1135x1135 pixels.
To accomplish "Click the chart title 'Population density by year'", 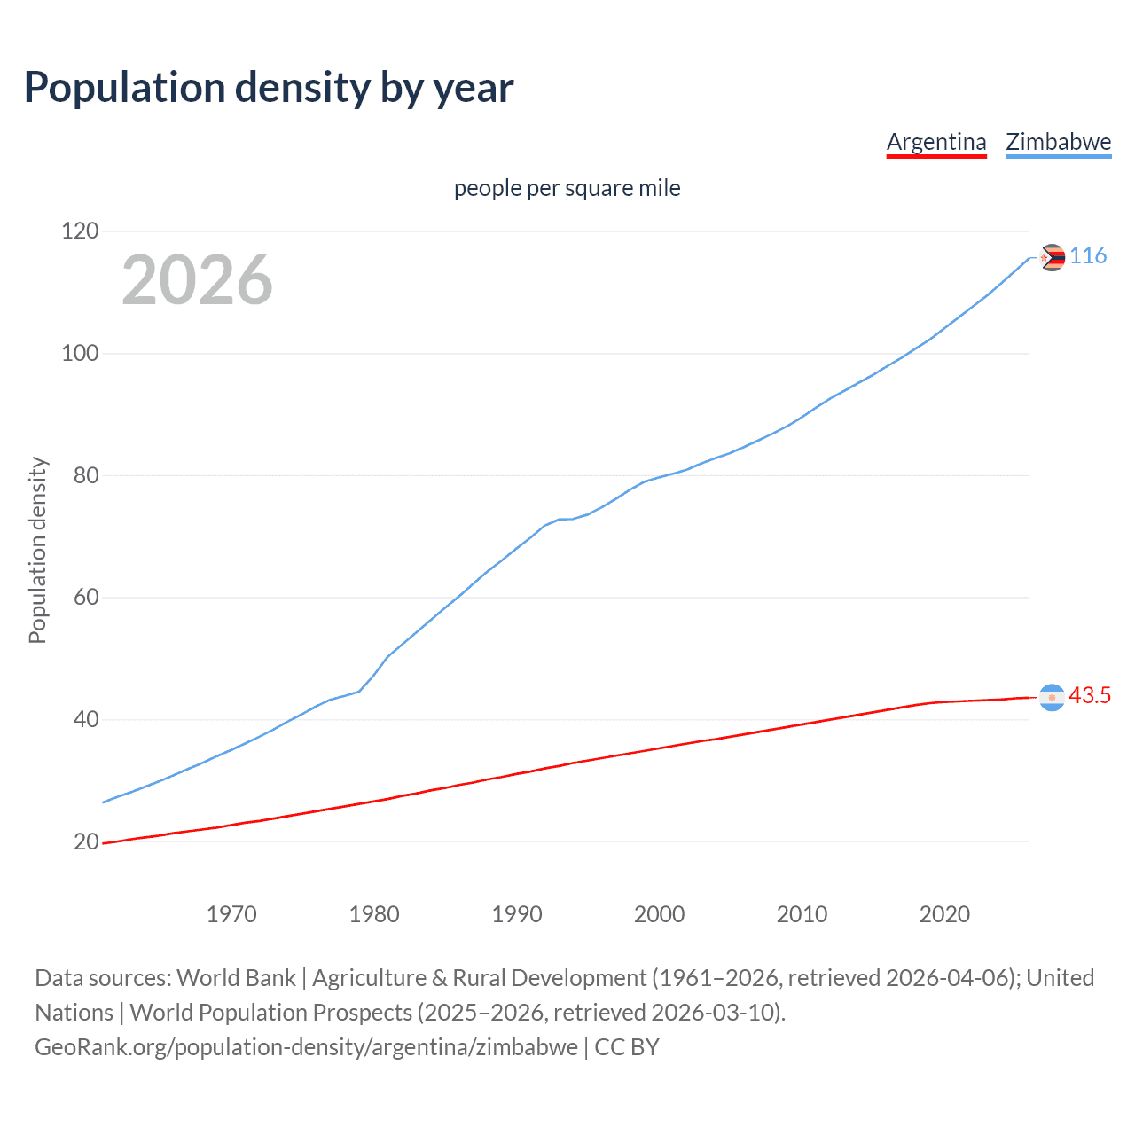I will pos(269,88).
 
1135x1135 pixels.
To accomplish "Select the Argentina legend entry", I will pos(936,142).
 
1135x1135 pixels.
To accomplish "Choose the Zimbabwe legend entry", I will pos(1058,142).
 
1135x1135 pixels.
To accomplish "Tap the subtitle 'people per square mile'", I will pos(567,188).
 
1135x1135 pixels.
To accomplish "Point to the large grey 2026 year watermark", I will pos(197,280).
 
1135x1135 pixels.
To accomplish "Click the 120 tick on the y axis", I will pos(80,231).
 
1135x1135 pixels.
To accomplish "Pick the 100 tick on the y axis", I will pos(80,354).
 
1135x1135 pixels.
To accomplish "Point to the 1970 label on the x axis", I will pos(231,914).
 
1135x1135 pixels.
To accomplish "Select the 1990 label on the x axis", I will pos(517,914).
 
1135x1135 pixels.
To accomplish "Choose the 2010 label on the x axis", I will pos(802,914).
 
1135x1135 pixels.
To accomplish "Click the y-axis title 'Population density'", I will pos(37,550).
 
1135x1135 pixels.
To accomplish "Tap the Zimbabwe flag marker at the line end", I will pos(1052,257).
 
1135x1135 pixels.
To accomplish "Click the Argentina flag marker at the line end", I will pos(1052,698).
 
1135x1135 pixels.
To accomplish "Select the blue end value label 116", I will pos(1088,256).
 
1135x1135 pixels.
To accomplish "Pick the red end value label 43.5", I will pos(1090,696).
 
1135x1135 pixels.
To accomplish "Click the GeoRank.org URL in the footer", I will pos(306,1047).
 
